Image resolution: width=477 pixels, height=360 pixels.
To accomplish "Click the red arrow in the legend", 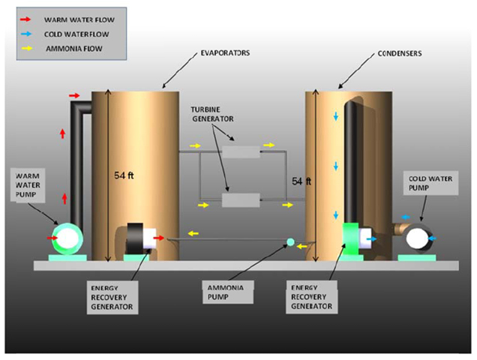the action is click(x=25, y=19).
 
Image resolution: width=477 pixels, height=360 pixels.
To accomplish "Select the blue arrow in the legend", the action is click(x=26, y=34).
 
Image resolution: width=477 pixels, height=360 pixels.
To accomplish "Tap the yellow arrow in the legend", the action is click(x=27, y=48).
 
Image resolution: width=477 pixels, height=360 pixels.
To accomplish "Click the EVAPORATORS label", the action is click(x=225, y=53).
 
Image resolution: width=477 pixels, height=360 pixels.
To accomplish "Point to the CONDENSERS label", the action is click(x=400, y=53).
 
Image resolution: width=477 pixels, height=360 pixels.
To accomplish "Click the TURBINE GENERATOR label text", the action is click(x=212, y=114).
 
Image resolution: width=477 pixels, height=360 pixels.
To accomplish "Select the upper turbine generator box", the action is click(x=241, y=151).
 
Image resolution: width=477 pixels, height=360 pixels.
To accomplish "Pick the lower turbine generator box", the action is click(x=241, y=200).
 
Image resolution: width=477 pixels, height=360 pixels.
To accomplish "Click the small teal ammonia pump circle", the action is click(x=290, y=242).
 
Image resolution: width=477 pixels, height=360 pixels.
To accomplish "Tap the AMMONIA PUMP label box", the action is click(x=228, y=292).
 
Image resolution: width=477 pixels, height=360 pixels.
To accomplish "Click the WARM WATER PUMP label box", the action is click(x=28, y=185).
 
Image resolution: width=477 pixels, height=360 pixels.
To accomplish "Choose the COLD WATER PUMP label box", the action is click(x=430, y=183).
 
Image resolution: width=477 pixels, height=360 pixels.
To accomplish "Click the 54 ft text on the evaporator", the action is click(x=124, y=175).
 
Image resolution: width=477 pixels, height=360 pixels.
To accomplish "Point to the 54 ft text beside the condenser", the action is click(x=301, y=181).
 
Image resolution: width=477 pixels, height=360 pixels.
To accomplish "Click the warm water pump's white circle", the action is click(x=67, y=238).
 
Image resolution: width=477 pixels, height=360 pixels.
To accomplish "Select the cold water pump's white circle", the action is click(x=417, y=239).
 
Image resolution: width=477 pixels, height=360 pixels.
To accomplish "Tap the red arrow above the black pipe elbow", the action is click(x=74, y=96).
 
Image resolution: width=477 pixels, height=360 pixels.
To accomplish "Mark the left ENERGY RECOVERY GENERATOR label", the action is click(x=112, y=297).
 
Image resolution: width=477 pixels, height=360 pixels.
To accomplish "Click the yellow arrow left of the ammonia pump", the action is click(x=193, y=234).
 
